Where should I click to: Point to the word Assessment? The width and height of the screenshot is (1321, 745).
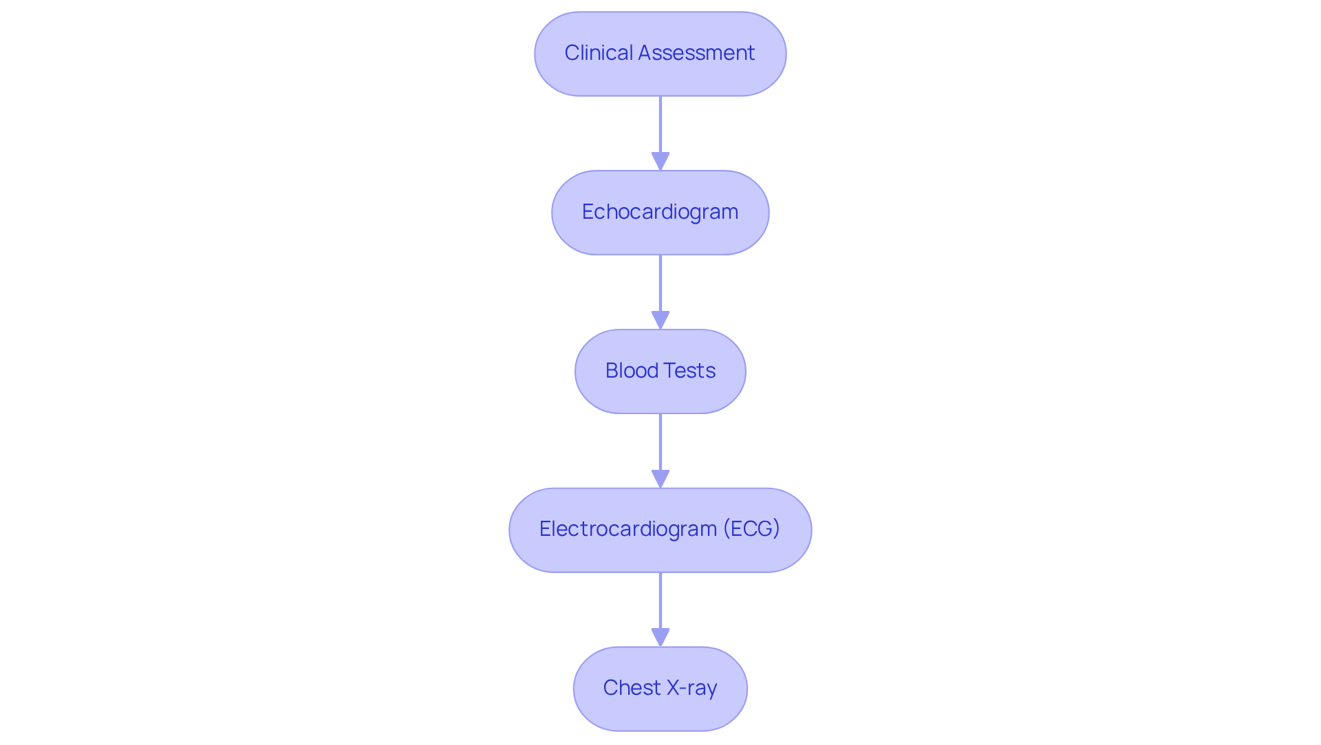click(x=696, y=53)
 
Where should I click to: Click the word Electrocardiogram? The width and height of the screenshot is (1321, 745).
click(x=627, y=529)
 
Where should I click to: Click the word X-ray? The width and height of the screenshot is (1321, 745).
click(x=691, y=688)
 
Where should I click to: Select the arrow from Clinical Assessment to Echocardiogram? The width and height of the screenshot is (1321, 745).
click(x=660, y=127)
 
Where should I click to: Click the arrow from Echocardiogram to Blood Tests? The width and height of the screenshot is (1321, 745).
click(x=660, y=285)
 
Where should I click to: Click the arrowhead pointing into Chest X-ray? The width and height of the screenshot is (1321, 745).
click(x=660, y=638)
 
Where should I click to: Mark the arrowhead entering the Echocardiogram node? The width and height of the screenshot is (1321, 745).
click(x=660, y=162)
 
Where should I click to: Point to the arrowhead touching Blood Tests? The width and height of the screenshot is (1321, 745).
click(x=660, y=321)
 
